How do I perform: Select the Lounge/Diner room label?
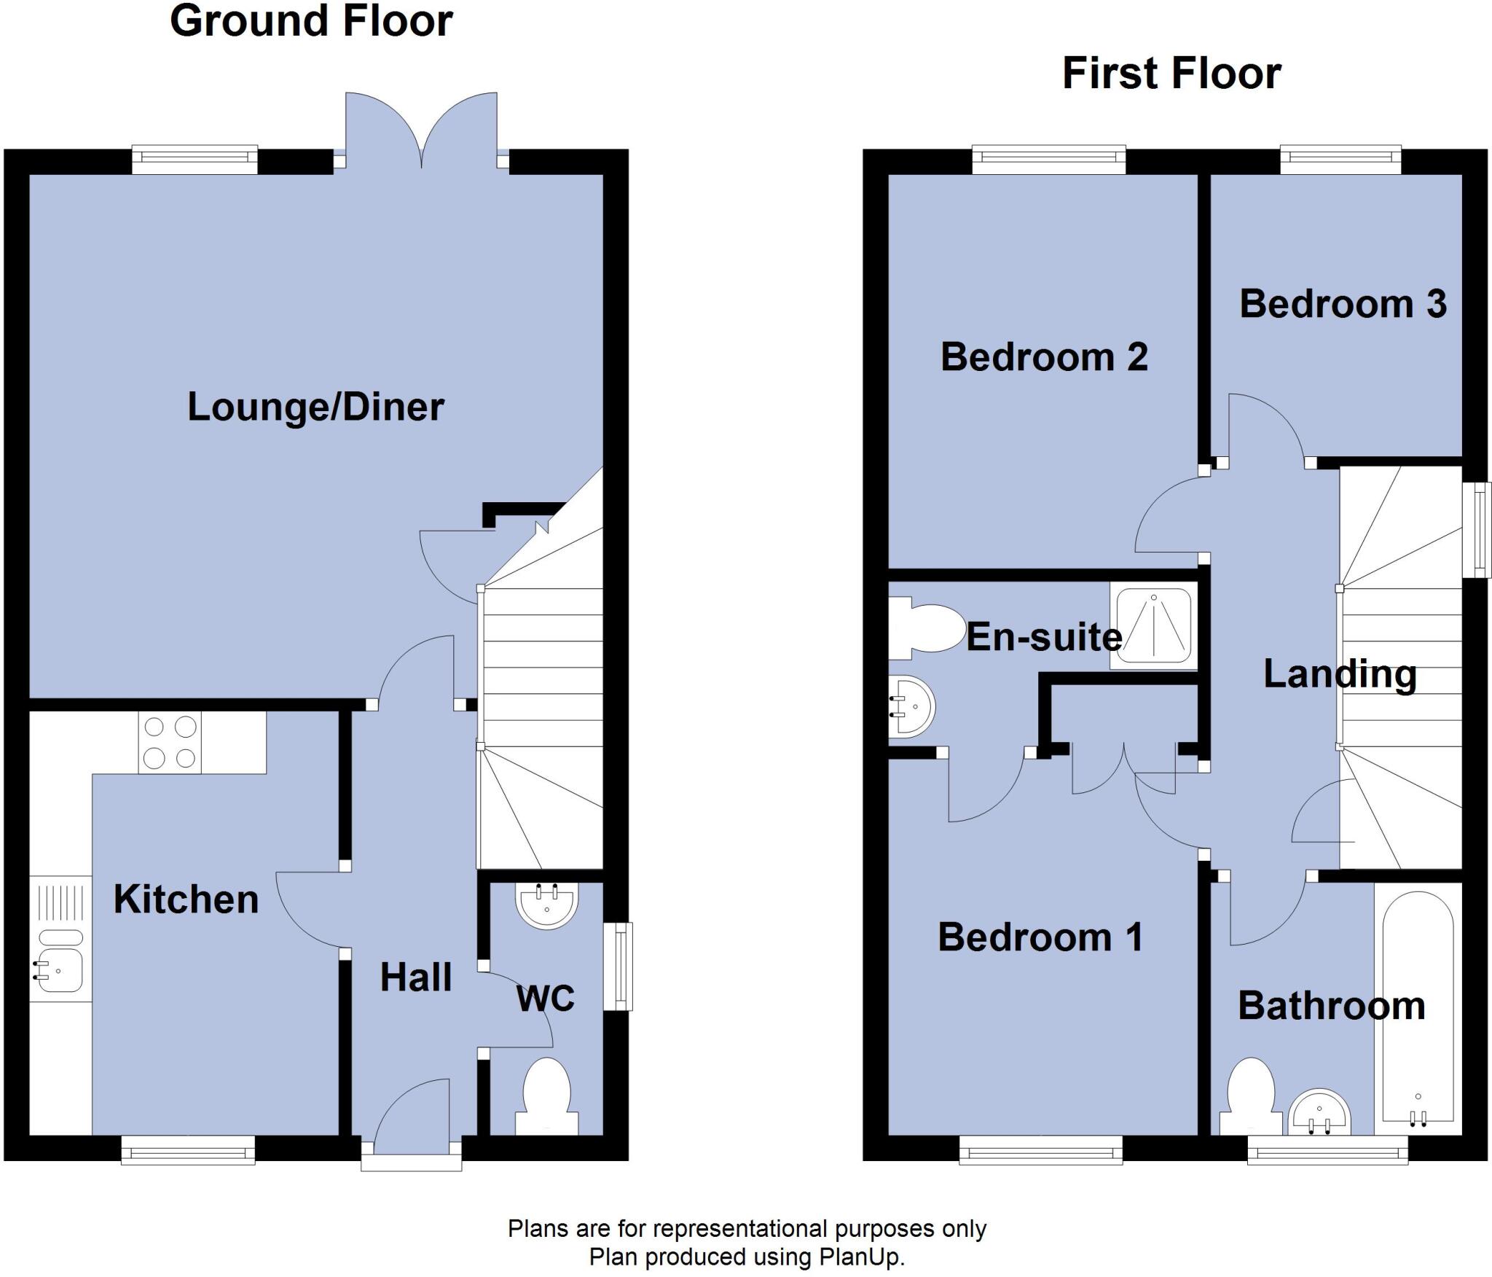coord(315,407)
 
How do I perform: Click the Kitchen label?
coord(186,899)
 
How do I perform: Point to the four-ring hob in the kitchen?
coord(170,742)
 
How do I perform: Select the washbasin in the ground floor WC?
coord(546,905)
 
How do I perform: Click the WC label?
coord(546,998)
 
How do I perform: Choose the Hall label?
coord(416,977)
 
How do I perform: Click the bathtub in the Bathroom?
coord(1418,1010)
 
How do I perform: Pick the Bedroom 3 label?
coord(1343,304)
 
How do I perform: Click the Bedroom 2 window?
coord(1048,160)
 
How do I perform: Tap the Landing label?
coord(1340,673)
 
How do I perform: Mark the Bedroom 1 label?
coord(1040,937)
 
